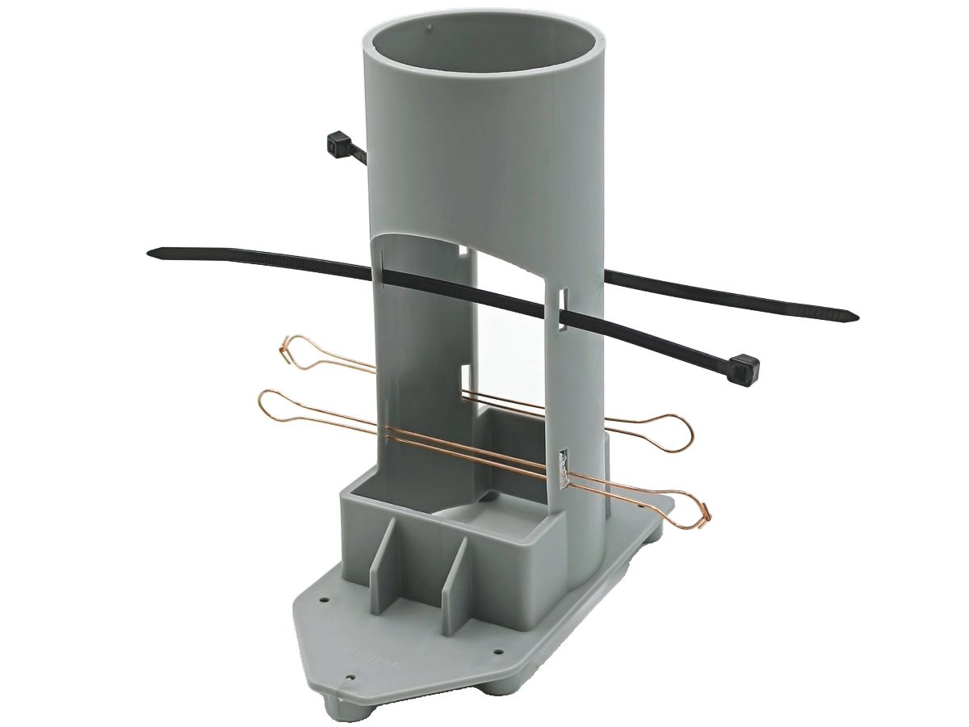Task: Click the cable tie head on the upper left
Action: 338,146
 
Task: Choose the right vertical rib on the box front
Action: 453,569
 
